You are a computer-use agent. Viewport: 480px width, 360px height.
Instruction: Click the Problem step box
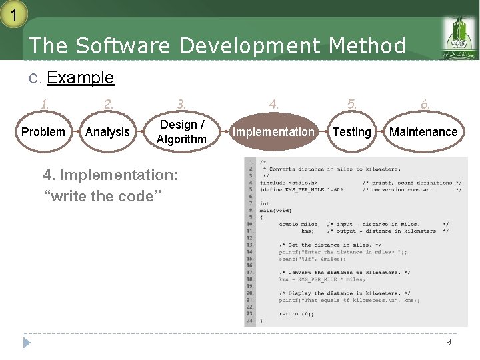click(x=43, y=132)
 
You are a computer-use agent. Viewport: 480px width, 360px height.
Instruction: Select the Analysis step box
click(x=107, y=132)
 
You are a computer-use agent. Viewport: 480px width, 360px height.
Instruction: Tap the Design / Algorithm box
click(x=181, y=132)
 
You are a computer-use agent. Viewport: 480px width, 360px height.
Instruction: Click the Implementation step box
click(x=273, y=132)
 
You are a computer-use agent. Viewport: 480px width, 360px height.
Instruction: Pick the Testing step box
click(x=351, y=132)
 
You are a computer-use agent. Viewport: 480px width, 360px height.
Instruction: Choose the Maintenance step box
click(x=423, y=132)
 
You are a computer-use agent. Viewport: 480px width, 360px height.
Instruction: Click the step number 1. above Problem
click(x=45, y=104)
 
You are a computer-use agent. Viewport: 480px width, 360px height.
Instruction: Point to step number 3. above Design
click(x=181, y=104)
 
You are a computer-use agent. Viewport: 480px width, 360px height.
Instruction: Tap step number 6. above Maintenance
click(x=425, y=104)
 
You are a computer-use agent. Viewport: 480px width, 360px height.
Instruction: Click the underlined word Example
click(x=80, y=77)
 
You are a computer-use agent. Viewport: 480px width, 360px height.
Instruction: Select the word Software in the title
click(x=124, y=46)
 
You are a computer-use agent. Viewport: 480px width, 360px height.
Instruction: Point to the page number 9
click(x=449, y=342)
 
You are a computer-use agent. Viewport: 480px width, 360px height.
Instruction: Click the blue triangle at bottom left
click(x=27, y=343)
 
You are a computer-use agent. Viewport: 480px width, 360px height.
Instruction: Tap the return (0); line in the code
click(x=297, y=313)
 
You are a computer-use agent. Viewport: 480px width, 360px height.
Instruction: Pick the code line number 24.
click(x=250, y=321)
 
